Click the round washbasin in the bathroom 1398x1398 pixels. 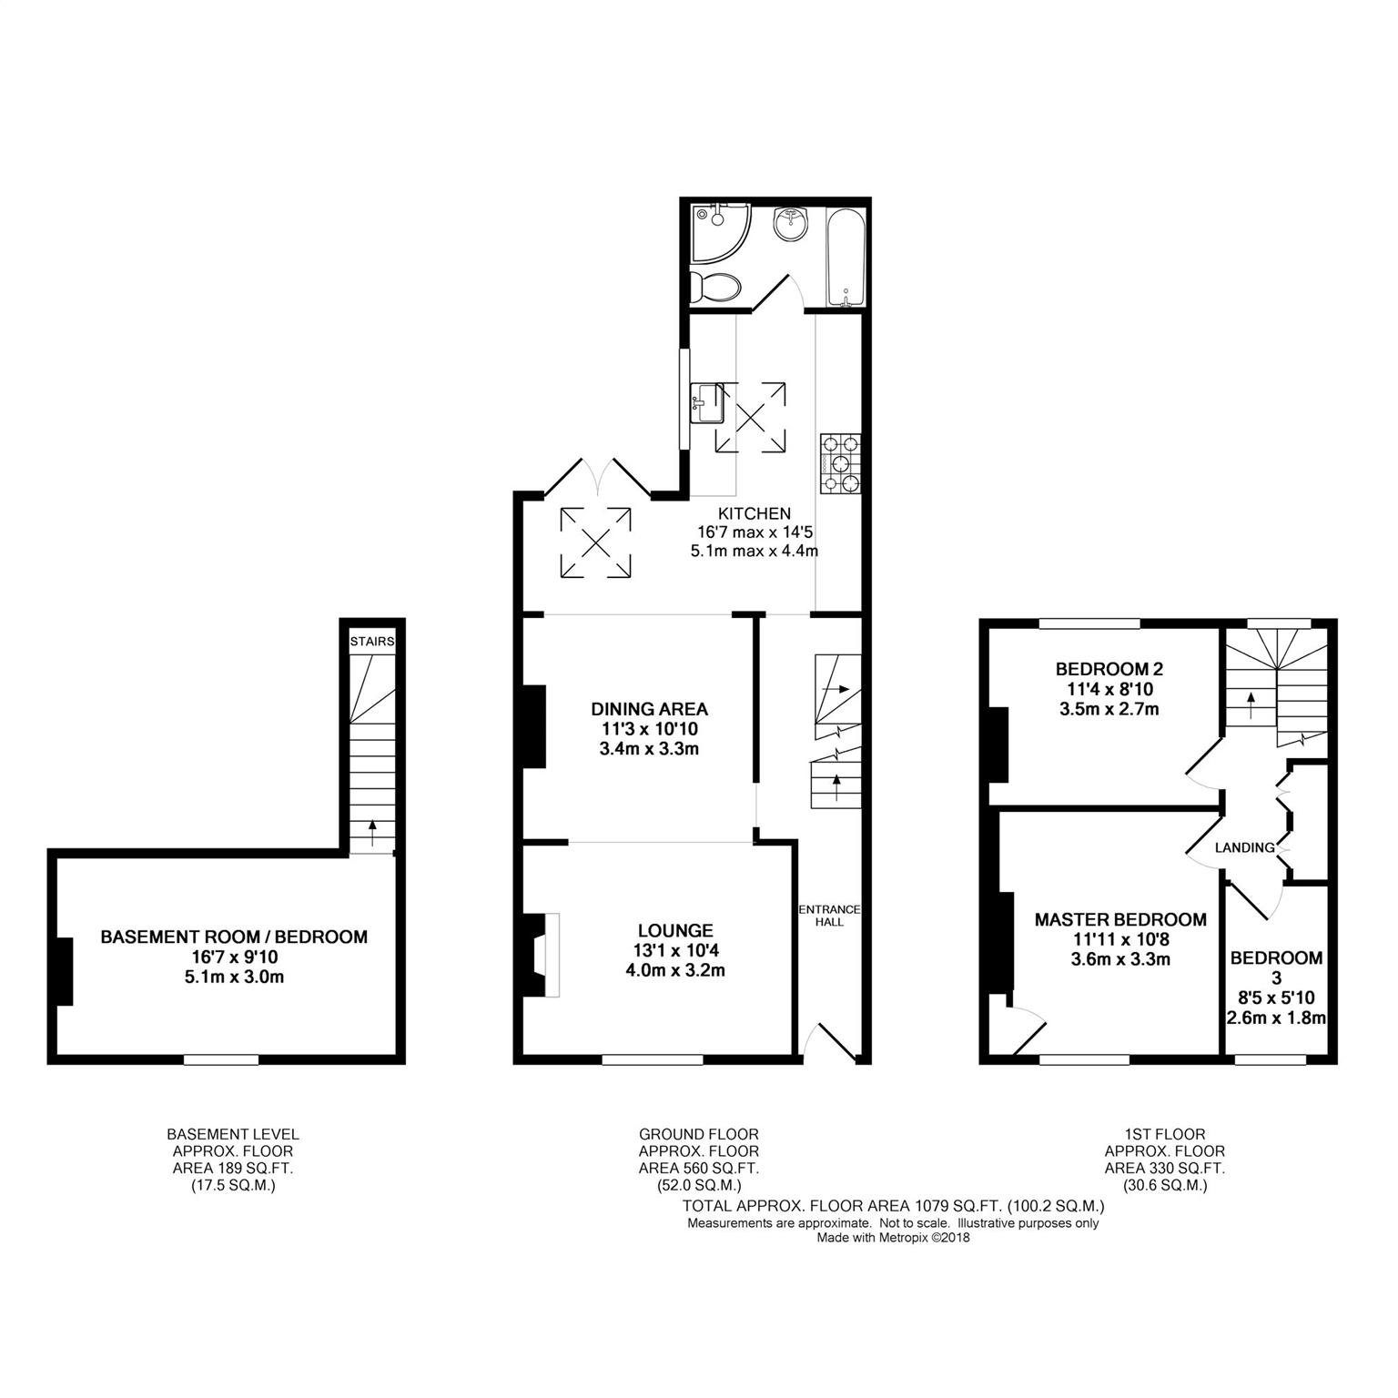(791, 223)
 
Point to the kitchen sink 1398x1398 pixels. (708, 403)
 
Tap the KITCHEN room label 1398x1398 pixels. (755, 514)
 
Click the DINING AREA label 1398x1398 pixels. (649, 709)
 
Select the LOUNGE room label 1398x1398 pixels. (675, 930)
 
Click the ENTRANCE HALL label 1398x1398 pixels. (829, 916)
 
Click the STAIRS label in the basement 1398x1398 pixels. (373, 642)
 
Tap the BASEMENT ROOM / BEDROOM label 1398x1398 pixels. (234, 937)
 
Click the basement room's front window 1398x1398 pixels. (221, 1059)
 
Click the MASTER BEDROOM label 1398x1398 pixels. (1120, 919)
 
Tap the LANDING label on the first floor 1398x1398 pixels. (1245, 848)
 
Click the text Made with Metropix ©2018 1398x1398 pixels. (894, 1238)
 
